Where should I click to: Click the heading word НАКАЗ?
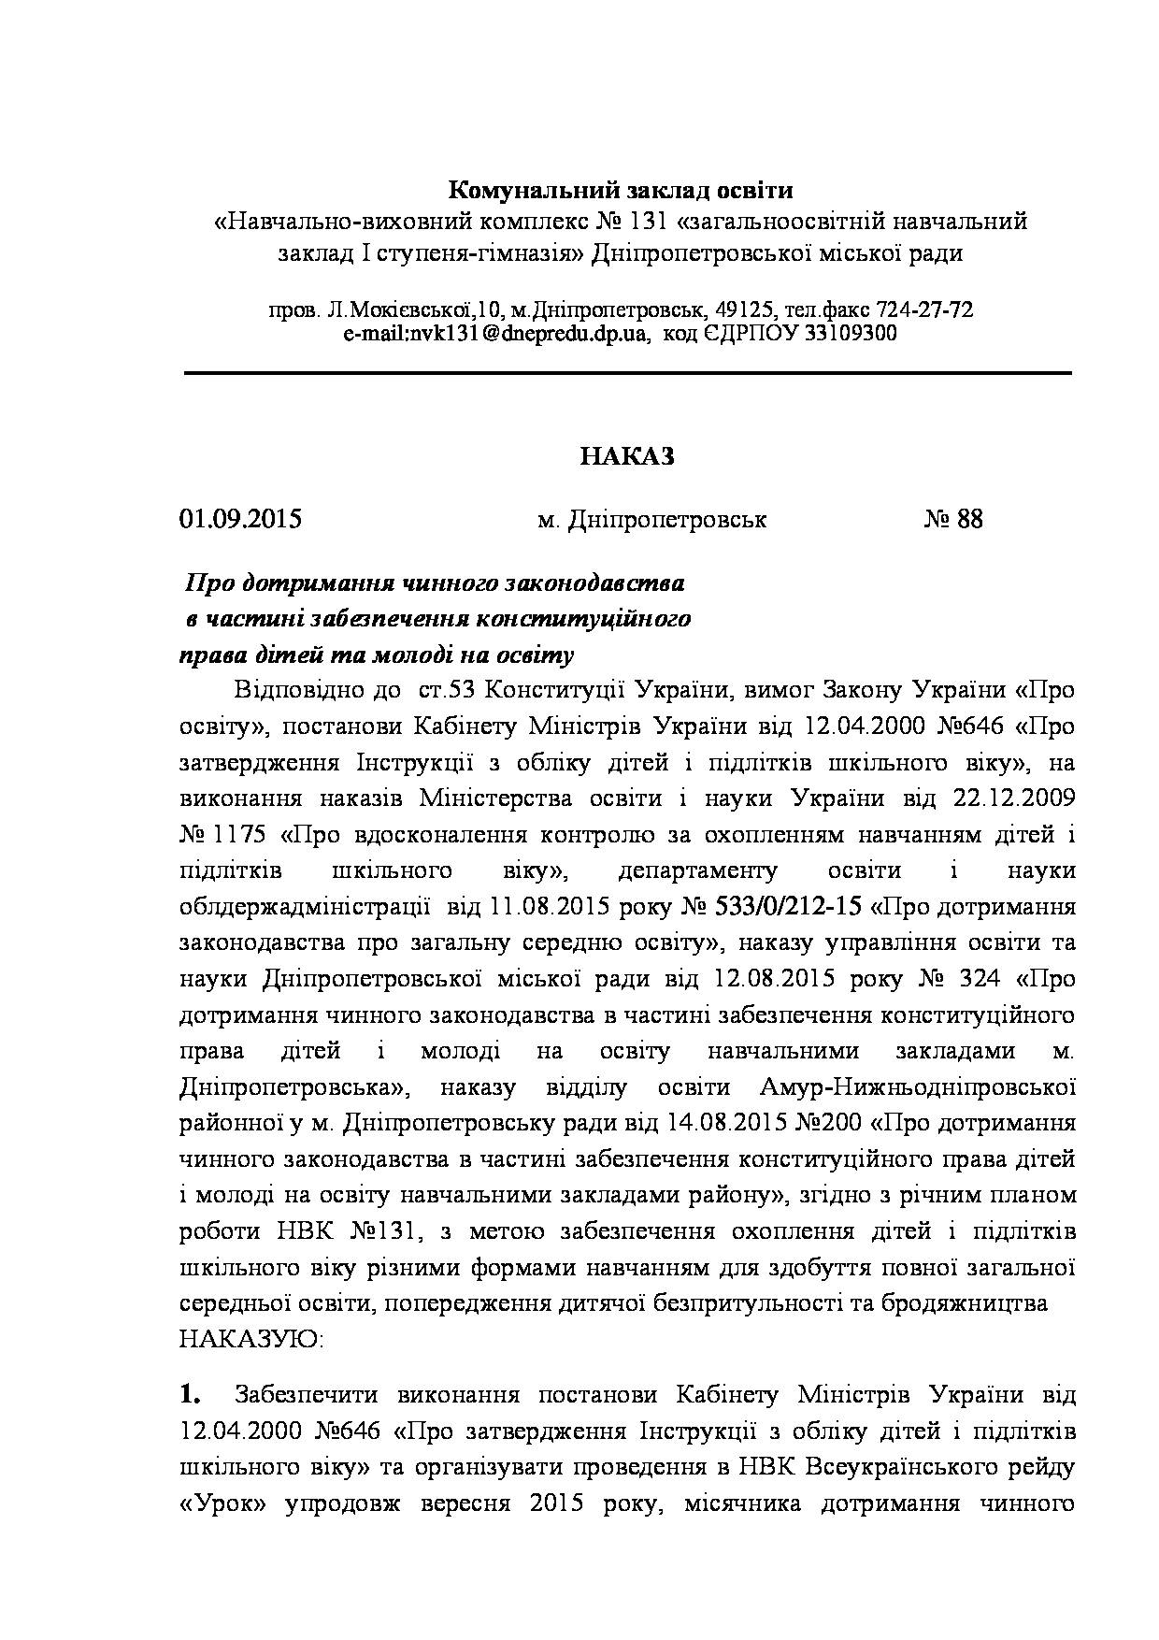coord(626,456)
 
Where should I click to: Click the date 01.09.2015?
coord(240,519)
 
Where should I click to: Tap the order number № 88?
coord(953,519)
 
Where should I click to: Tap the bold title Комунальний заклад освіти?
coord(621,191)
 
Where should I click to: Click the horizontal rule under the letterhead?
coord(627,373)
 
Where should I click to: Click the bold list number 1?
coord(191,1395)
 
